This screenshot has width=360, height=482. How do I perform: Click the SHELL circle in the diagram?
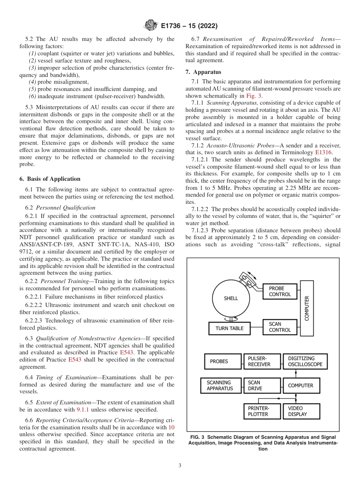(x=231, y=298)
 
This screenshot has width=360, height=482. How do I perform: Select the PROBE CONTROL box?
(x=280, y=291)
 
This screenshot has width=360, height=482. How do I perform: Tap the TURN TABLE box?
(x=229, y=328)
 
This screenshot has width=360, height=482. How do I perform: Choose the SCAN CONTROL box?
(x=280, y=327)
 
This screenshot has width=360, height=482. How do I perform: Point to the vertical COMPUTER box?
(x=307, y=308)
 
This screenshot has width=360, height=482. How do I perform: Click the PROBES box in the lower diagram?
(x=222, y=361)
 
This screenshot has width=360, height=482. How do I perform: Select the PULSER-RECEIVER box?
(x=262, y=361)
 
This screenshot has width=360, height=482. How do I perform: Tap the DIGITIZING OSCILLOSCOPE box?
(x=305, y=361)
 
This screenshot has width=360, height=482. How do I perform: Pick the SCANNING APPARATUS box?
(x=221, y=386)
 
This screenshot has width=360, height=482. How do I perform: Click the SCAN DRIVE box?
(x=262, y=386)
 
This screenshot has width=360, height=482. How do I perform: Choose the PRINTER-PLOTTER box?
(x=262, y=411)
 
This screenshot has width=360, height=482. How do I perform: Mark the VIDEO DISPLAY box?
(x=301, y=411)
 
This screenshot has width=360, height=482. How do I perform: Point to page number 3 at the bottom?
(x=180, y=465)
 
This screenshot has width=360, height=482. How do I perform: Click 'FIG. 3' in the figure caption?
(x=197, y=437)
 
